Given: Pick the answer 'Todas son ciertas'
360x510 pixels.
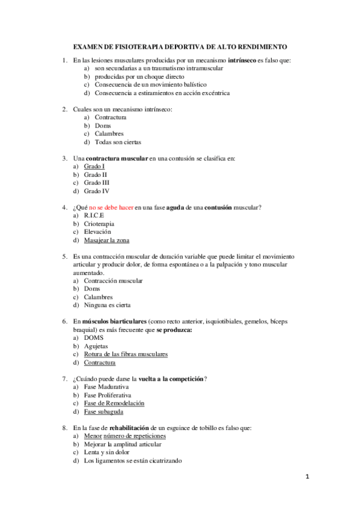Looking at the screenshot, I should coord(118,142).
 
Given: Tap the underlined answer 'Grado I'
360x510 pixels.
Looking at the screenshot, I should coord(94,166).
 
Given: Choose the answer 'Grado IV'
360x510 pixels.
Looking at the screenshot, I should coord(96,191).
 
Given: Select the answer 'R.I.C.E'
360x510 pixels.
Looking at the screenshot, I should coord(94,215).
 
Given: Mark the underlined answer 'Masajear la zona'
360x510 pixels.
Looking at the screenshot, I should coord(106,240).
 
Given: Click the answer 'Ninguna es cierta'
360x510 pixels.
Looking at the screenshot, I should coord(107,305).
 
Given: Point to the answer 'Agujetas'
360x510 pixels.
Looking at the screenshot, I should coord(96,346).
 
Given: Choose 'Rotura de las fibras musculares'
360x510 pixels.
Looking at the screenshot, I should coord(126,354).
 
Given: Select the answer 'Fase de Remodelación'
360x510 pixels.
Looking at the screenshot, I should coord(114,404).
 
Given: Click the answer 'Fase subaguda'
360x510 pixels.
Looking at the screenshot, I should coord(104,412).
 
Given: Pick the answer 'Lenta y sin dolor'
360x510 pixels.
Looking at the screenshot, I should coord(107,452).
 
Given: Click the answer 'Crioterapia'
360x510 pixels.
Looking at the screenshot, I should coord(99,223).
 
